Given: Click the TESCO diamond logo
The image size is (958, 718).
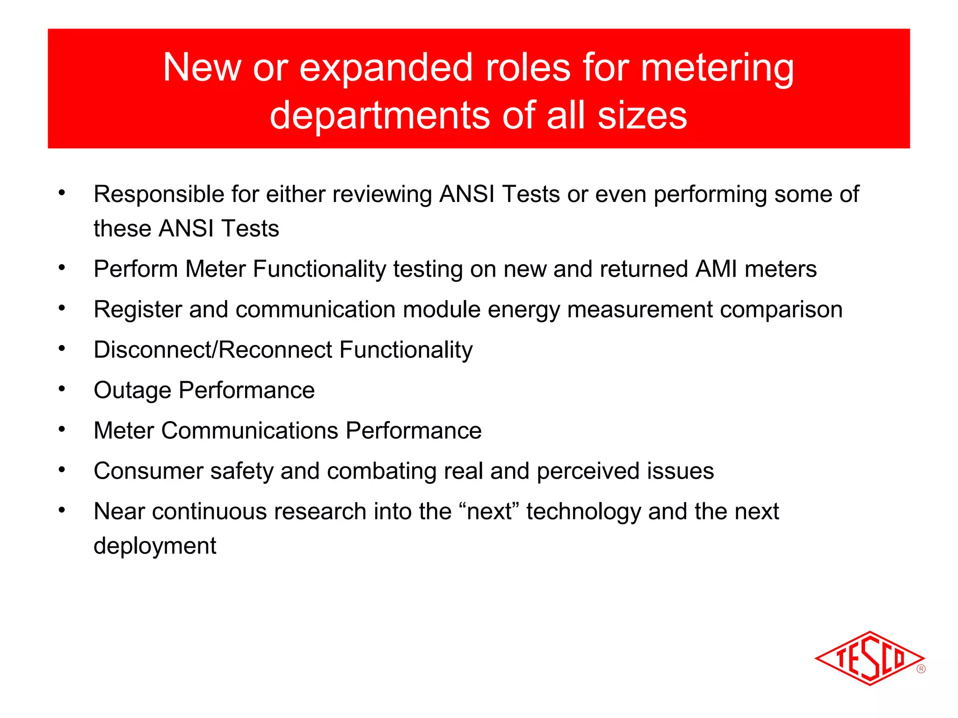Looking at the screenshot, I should tap(869, 658).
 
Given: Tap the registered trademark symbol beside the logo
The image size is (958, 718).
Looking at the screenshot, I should tap(921, 669).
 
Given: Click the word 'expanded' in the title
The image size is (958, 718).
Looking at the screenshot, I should tap(386, 68).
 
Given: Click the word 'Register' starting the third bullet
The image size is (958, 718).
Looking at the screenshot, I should tap(138, 309).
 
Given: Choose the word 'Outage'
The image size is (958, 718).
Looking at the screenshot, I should tap(132, 390).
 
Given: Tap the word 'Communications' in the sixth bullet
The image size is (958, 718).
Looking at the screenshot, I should tap(249, 431).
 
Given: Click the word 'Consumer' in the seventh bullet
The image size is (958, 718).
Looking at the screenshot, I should tap(148, 471).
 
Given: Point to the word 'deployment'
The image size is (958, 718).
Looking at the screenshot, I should tap(155, 546).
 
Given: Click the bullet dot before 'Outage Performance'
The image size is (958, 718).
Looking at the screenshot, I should tap(62, 388).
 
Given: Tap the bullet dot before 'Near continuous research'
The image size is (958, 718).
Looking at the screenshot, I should tap(62, 510).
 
